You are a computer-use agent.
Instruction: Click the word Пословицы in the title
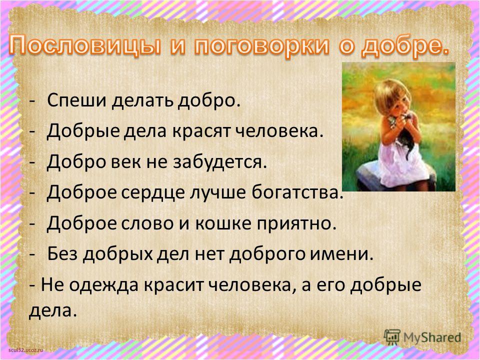[84, 46]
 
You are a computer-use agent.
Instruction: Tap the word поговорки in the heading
[261, 46]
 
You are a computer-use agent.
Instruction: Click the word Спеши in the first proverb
[76, 100]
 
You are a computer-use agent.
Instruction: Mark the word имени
[342, 254]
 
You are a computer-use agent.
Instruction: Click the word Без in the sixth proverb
[62, 253]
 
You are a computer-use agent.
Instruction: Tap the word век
[126, 162]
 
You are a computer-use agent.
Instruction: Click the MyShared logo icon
[392, 337]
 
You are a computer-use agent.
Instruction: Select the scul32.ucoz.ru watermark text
[26, 350]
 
